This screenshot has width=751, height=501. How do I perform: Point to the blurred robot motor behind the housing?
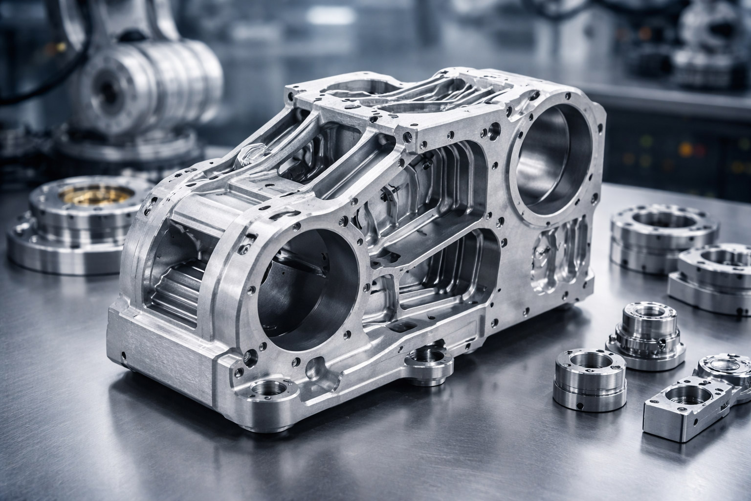pos(147,78)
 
